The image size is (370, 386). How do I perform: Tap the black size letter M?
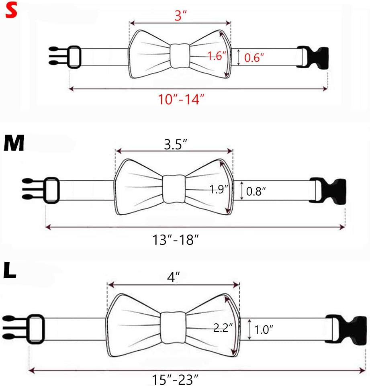pyautogui.click(x=14, y=144)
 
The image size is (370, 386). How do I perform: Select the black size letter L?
pyautogui.click(x=10, y=271)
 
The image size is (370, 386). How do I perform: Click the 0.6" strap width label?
pyautogui.click(x=254, y=58)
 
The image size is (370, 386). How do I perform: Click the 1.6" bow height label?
pyautogui.click(x=215, y=56)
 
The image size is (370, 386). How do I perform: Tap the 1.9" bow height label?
pyautogui.click(x=219, y=189)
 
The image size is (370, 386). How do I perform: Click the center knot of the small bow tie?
pyautogui.click(x=180, y=56)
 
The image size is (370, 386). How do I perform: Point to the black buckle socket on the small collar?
pyautogui.click(x=313, y=57)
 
